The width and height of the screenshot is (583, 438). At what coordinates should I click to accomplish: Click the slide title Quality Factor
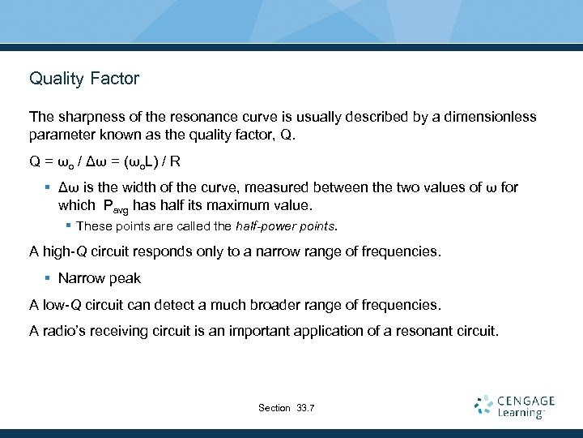(x=84, y=79)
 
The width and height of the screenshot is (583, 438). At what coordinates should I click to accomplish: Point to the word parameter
(x=61, y=134)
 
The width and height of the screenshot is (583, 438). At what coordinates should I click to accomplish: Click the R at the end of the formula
(x=176, y=161)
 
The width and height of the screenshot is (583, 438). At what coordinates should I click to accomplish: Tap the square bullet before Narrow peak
(x=48, y=278)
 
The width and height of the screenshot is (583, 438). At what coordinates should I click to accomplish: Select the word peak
(x=125, y=278)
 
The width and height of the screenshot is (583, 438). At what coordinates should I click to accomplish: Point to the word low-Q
(x=62, y=305)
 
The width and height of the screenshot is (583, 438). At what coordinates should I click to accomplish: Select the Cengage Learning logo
(x=515, y=406)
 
